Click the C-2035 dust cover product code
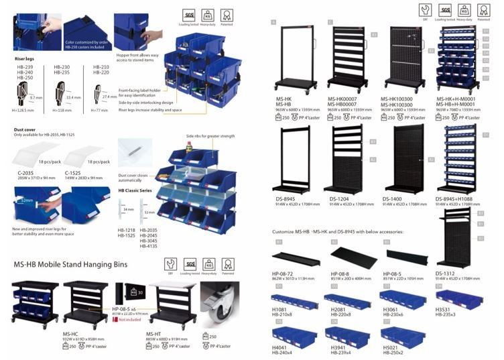(24, 173)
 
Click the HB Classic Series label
(135, 190)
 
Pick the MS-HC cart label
(70, 333)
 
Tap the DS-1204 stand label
(338, 198)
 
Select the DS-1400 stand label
(391, 198)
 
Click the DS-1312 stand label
(445, 273)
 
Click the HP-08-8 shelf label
(339, 273)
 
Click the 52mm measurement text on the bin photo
(26, 200)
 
